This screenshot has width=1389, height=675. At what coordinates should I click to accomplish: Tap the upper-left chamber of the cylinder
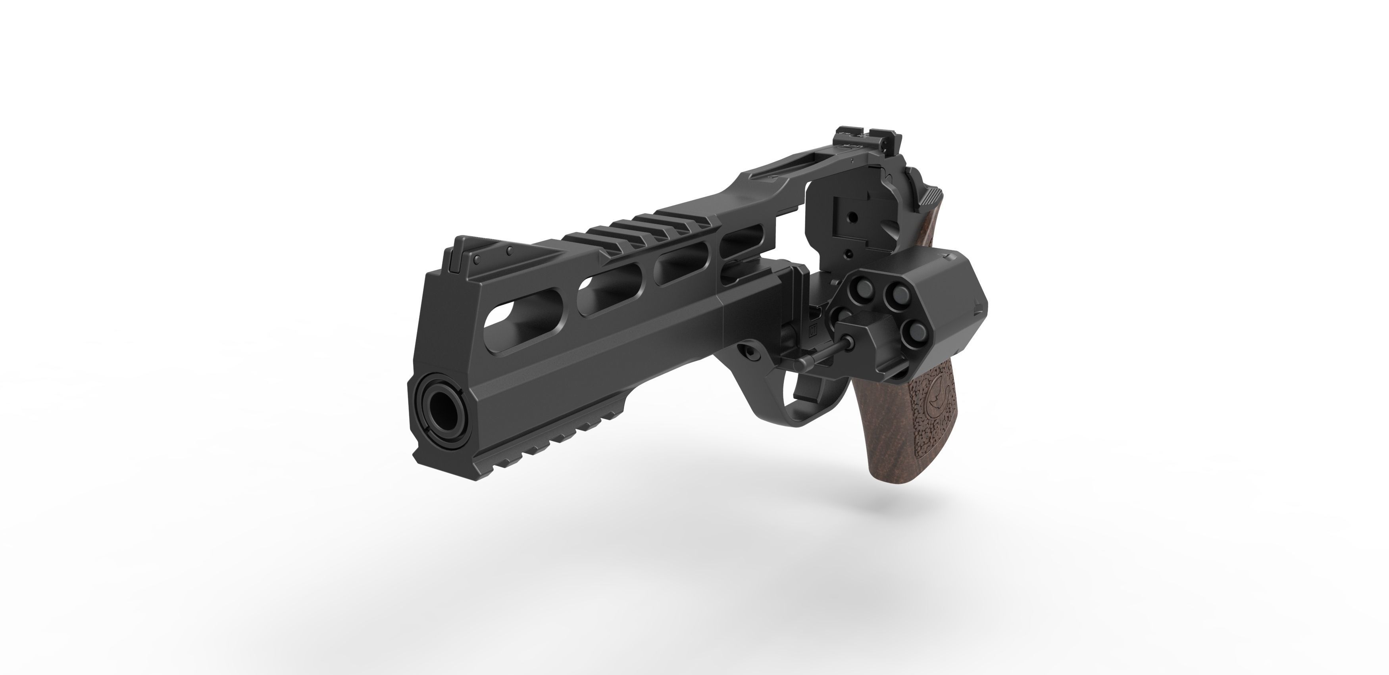pyautogui.click(x=856, y=292)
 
